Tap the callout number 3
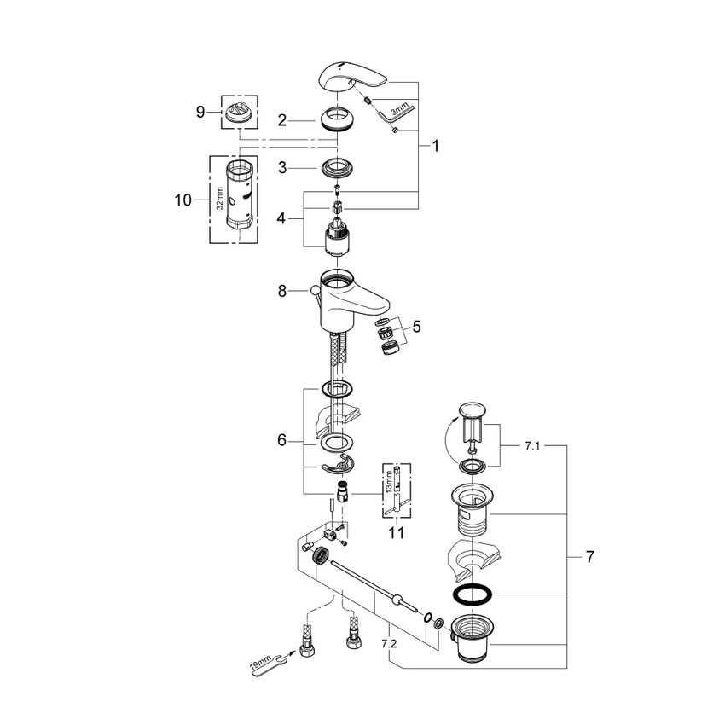coord(283,168)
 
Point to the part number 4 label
coord(283,219)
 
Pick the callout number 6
coord(282,441)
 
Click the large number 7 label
coord(590,557)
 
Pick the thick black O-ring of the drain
coord(470,594)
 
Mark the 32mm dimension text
coord(219,200)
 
